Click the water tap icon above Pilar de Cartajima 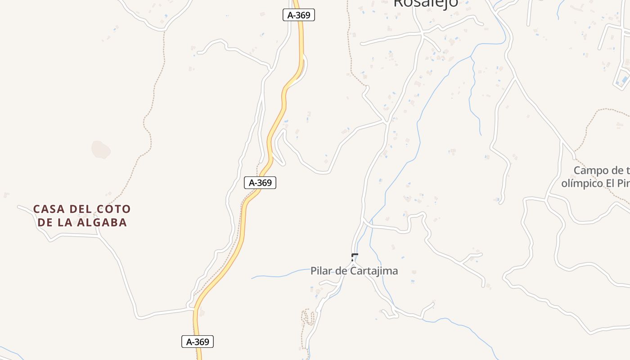tap(355, 257)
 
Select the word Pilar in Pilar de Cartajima tap(320, 271)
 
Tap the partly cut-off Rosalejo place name tap(425, 4)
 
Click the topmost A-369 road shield tap(299, 15)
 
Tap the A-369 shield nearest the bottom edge tap(198, 342)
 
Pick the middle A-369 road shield tap(260, 183)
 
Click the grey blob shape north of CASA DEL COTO tap(101, 149)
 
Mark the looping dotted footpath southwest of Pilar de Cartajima tap(308, 317)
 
